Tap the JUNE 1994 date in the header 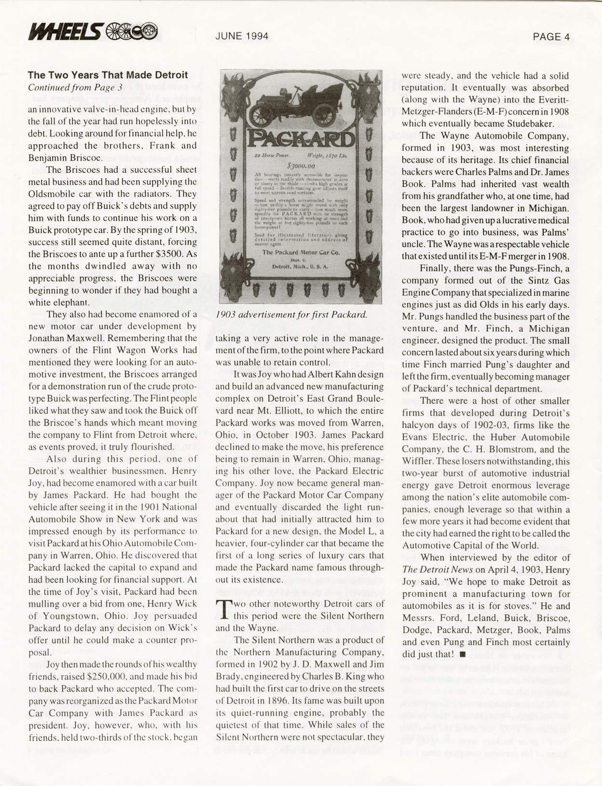pyautogui.click(x=242, y=36)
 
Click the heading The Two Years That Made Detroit pyautogui.click(x=108, y=75)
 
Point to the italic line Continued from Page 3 pyautogui.click(x=75, y=87)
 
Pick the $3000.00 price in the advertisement pyautogui.click(x=301, y=165)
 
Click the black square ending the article pyautogui.click(x=463, y=654)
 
